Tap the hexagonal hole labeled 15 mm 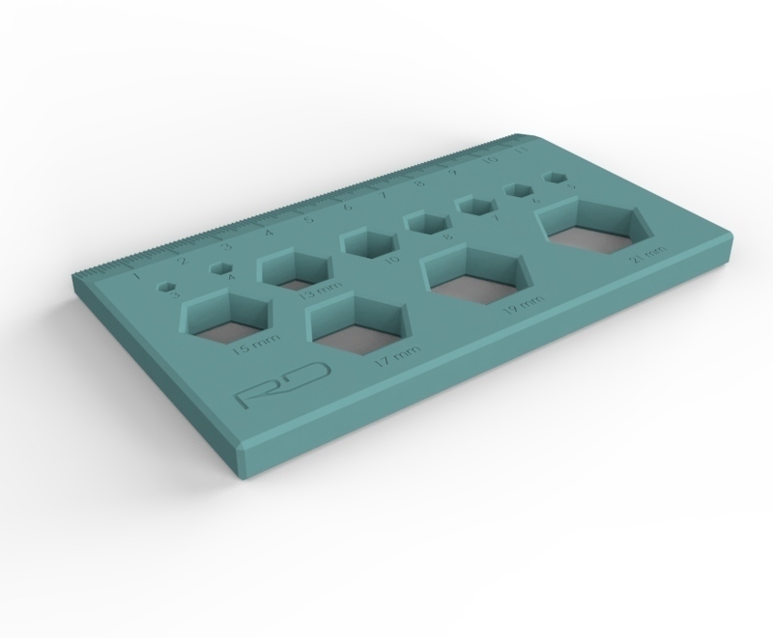(228, 319)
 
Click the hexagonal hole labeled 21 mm (592, 225)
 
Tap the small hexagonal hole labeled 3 (168, 286)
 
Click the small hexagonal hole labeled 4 (224, 269)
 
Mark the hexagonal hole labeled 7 (474, 205)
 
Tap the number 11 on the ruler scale (521, 151)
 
